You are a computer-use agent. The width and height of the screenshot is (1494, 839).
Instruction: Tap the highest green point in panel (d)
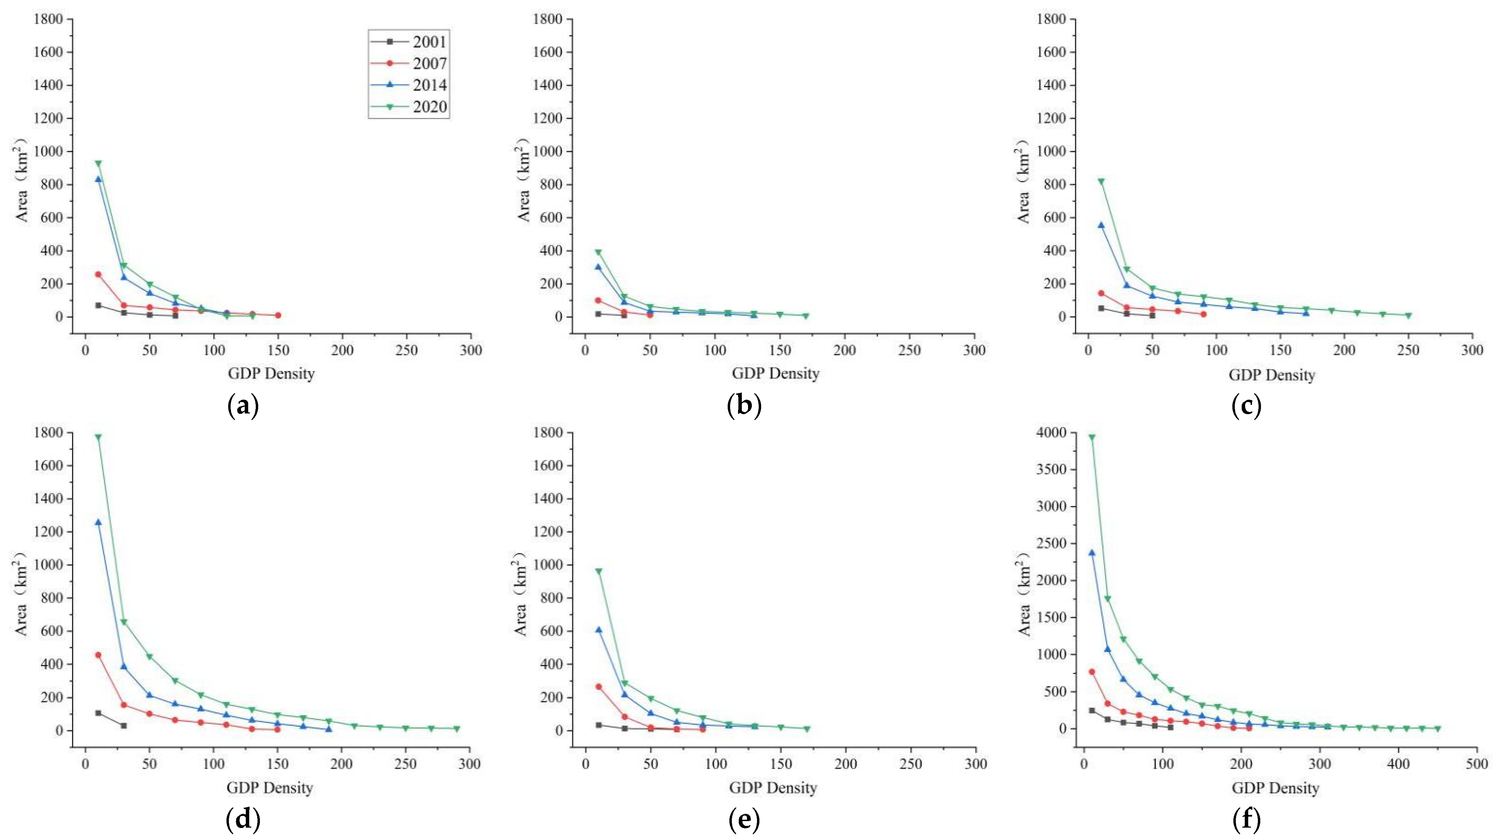point(98,437)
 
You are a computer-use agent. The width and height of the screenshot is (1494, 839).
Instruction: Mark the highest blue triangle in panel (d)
point(98,522)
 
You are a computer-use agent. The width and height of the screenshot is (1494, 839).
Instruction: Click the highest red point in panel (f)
point(1091,672)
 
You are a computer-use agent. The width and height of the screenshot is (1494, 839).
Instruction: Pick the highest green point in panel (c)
point(1101,182)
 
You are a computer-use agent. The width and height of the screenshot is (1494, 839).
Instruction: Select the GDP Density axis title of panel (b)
point(775,374)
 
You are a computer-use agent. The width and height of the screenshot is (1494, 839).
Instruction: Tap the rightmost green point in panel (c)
point(1408,315)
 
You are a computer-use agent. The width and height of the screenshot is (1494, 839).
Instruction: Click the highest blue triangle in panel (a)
point(98,178)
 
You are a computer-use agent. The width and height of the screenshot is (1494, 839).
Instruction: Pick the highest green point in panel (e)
point(598,571)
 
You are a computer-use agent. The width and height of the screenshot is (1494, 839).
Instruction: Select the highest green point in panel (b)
point(598,252)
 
